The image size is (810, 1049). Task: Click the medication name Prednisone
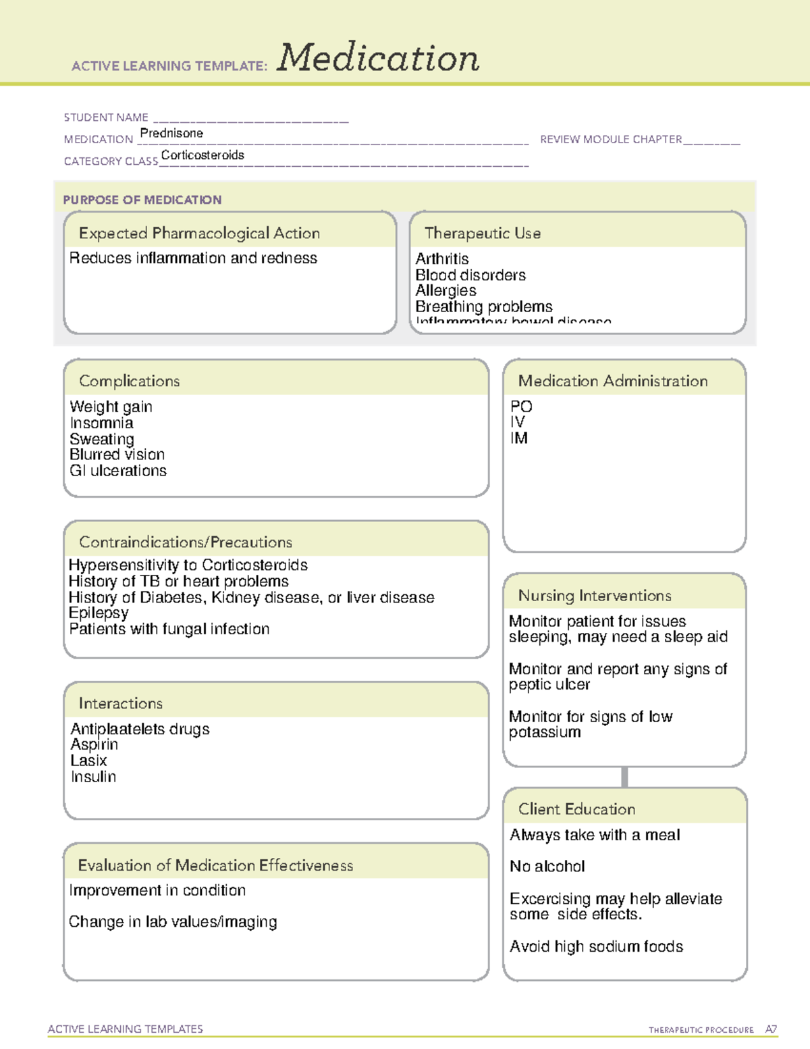tap(171, 133)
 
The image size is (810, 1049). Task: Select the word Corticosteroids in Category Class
tap(202, 155)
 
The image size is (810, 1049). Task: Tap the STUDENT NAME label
tap(106, 118)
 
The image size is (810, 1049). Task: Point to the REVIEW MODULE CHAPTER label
tap(611, 139)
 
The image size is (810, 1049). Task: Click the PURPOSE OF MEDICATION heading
tap(142, 200)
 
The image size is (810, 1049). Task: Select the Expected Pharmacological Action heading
tap(199, 233)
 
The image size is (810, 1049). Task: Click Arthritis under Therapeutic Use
tap(442, 259)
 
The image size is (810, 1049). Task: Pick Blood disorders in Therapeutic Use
tap(470, 275)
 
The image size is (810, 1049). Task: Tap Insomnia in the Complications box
tap(101, 423)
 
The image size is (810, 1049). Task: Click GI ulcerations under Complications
tap(118, 471)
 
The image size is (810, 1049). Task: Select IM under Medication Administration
tap(519, 438)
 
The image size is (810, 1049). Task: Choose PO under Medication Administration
tap(521, 407)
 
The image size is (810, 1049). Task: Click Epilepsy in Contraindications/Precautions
tap(99, 613)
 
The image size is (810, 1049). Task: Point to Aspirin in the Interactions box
tap(94, 744)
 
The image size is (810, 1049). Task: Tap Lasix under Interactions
tap(88, 761)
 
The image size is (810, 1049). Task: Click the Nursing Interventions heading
tap(595, 596)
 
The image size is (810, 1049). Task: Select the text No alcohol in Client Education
tap(547, 866)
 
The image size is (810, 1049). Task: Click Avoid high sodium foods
tap(596, 946)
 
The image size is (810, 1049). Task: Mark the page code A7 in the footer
tap(771, 1029)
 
